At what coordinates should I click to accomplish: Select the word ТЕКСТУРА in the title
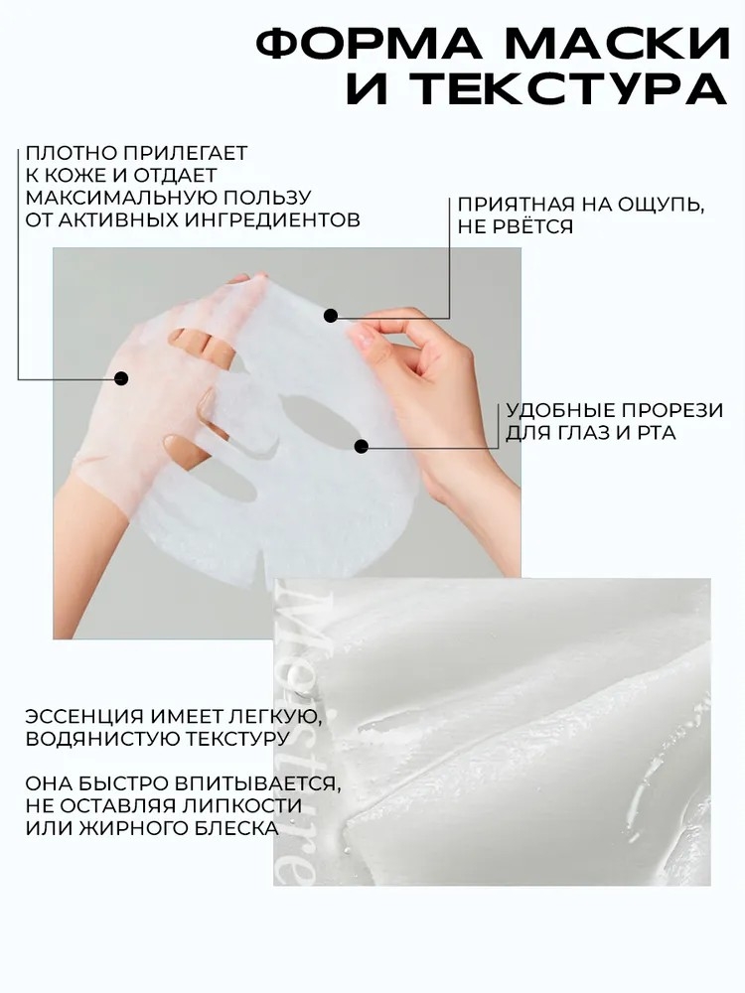(568, 88)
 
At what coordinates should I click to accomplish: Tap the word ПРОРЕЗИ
(670, 410)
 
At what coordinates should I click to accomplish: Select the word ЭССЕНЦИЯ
(85, 716)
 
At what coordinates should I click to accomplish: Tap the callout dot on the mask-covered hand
(121, 378)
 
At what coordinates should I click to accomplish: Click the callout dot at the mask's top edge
(330, 315)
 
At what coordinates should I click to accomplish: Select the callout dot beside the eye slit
(362, 447)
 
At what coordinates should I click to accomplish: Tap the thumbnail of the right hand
(363, 335)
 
